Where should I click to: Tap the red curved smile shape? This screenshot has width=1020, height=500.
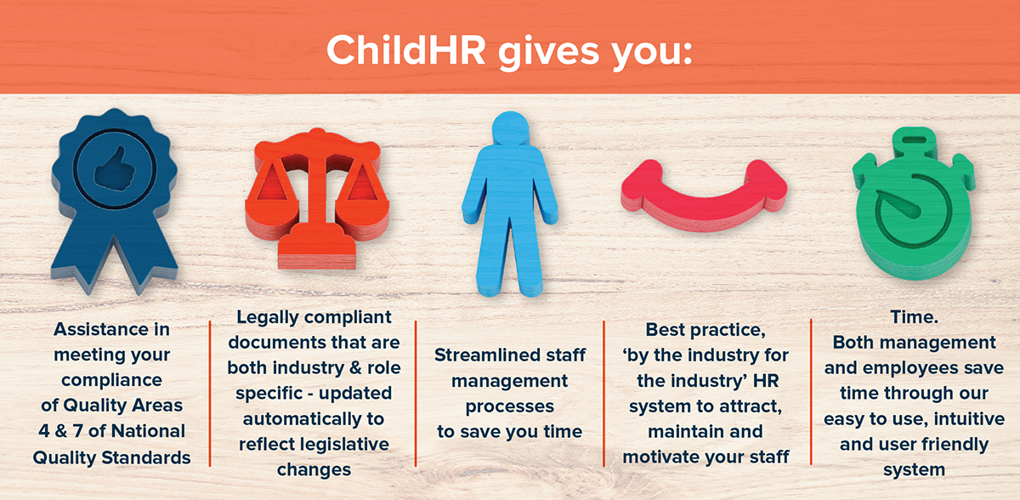[700, 192]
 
